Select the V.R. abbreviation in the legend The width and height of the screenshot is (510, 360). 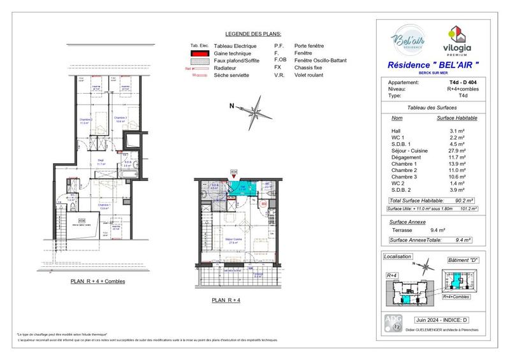278,75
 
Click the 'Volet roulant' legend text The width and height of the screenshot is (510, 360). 309,75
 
